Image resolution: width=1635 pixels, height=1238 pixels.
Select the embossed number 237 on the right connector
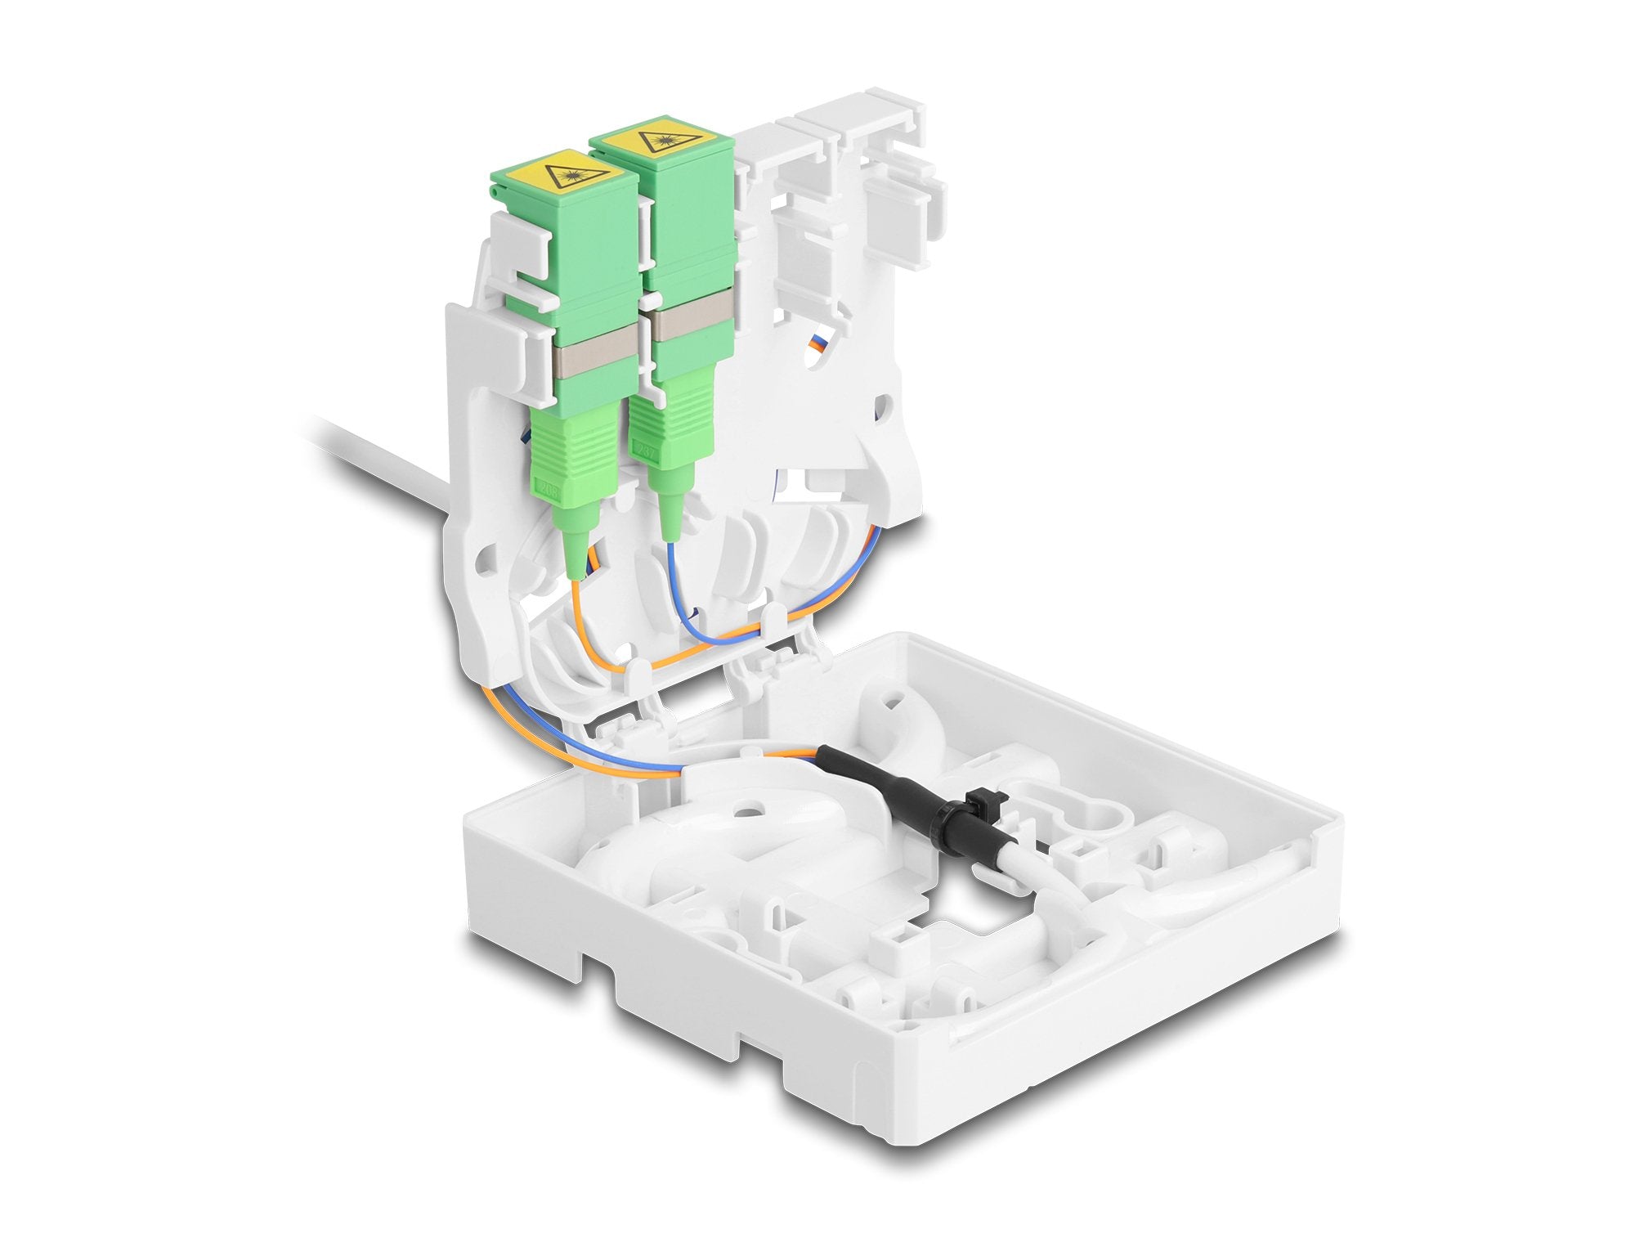(x=647, y=449)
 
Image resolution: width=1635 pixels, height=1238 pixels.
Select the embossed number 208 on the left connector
(x=552, y=491)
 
